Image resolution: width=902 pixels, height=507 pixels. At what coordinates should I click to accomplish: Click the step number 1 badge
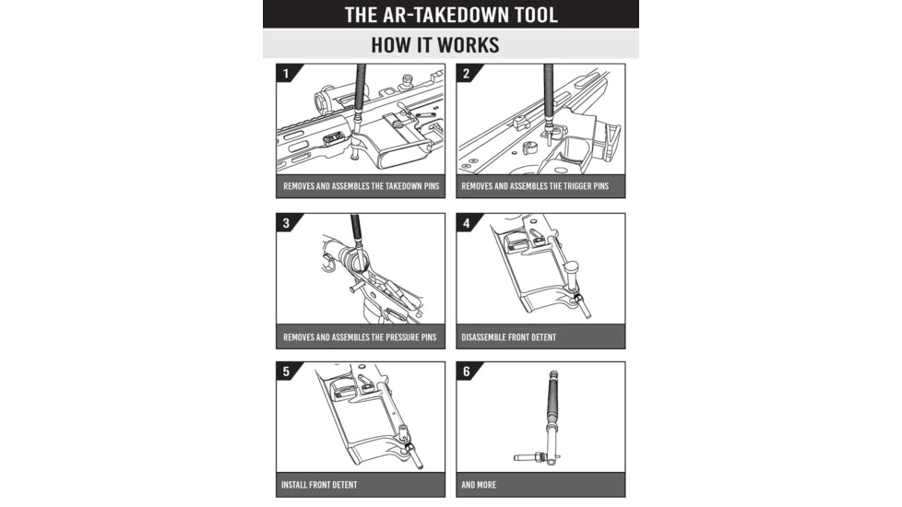[286, 73]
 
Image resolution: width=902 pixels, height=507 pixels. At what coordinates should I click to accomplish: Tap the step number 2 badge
[466, 73]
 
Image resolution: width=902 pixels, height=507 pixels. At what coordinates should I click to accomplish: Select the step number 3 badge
[286, 223]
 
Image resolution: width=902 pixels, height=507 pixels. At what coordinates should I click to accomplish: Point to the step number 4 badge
[466, 223]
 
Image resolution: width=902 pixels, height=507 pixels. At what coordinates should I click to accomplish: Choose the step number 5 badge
[286, 371]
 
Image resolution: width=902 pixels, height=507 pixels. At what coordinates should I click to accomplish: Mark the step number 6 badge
[466, 371]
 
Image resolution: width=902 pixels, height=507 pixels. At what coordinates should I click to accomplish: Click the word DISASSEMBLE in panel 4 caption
[486, 337]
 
